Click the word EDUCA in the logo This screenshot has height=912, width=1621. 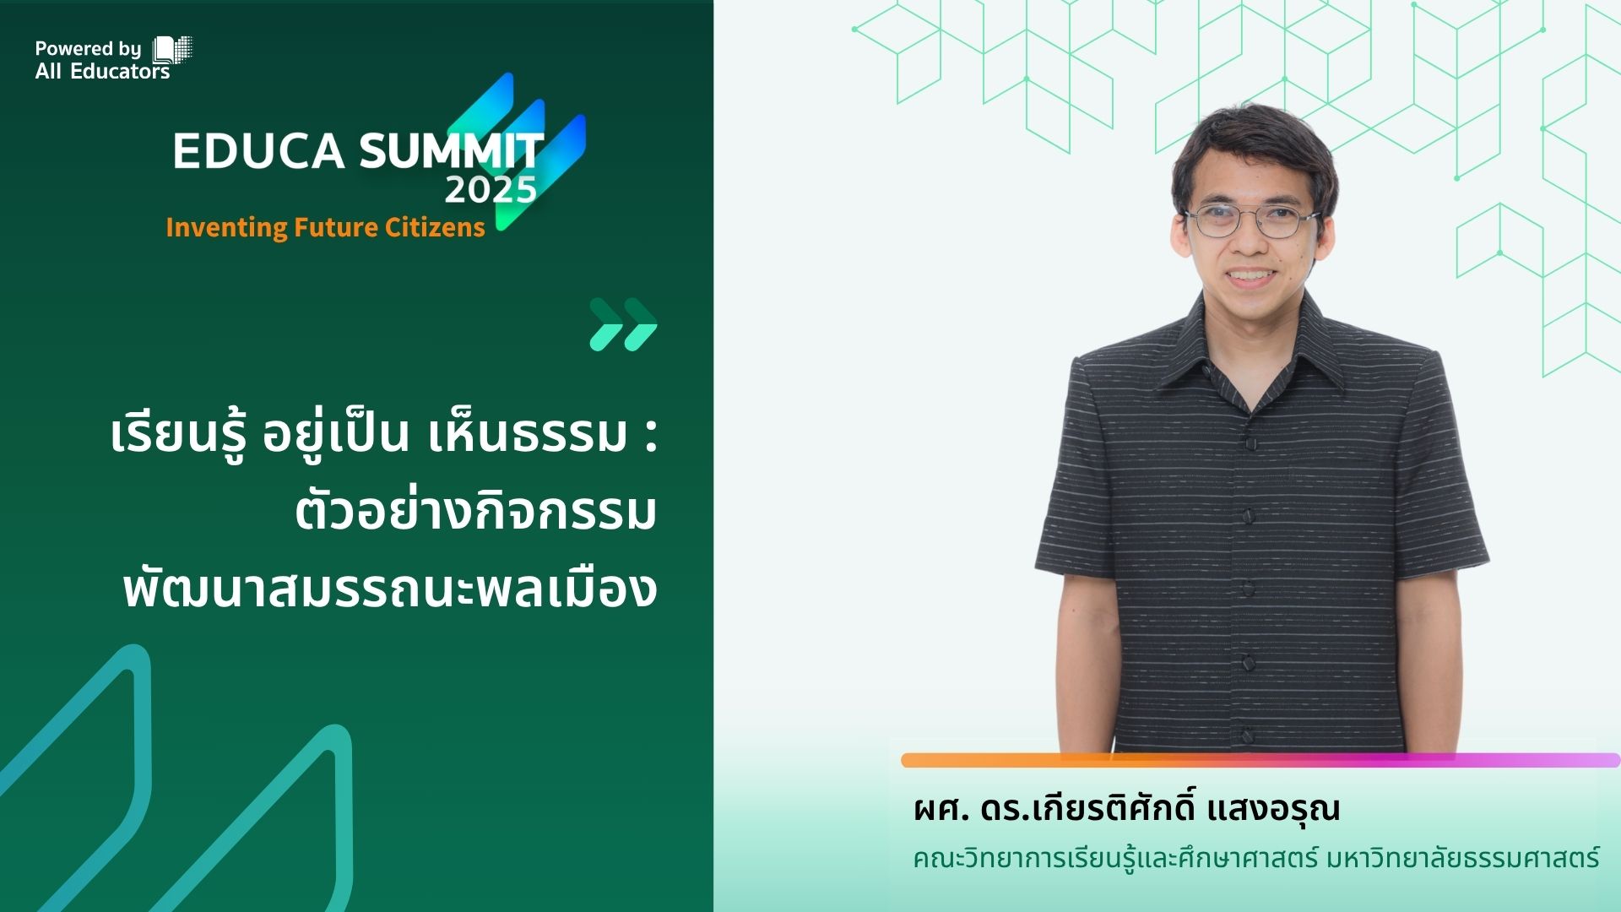pyautogui.click(x=258, y=151)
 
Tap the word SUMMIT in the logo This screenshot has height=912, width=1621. pyautogui.click(x=452, y=151)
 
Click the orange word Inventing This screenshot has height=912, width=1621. pyautogui.click(x=226, y=228)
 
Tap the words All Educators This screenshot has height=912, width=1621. pyautogui.click(x=102, y=72)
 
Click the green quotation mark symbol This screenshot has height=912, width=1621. pyautogui.click(x=623, y=324)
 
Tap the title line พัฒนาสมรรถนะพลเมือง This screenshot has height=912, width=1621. pyautogui.click(x=390, y=589)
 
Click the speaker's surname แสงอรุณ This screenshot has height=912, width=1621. pyautogui.click(x=1274, y=809)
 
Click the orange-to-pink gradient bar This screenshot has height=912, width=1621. pyautogui.click(x=1260, y=761)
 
